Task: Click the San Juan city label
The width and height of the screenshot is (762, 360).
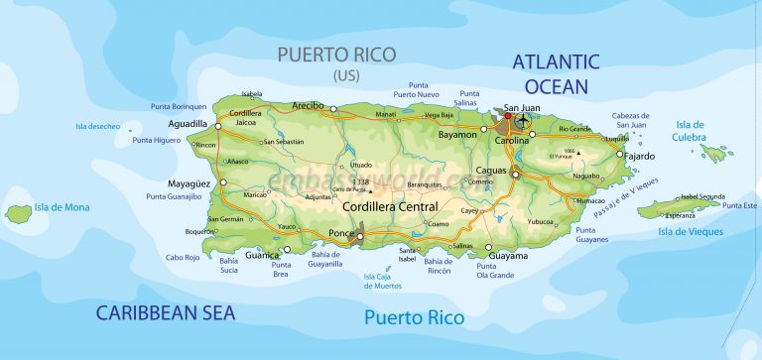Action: (523, 107)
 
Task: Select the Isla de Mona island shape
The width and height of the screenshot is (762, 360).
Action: (18, 212)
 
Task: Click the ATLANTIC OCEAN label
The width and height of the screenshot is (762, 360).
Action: (556, 73)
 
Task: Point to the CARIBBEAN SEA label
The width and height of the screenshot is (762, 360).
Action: (166, 313)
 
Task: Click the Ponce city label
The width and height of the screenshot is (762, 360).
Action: (339, 233)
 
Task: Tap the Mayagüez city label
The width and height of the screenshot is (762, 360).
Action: (190, 183)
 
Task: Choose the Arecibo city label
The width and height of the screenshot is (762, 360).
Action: (309, 104)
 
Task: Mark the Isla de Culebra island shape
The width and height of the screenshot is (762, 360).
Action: (714, 153)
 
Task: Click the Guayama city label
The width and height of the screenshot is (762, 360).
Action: (508, 256)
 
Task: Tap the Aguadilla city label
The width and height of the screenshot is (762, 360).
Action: (189, 124)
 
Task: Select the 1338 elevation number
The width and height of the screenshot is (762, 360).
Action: (360, 182)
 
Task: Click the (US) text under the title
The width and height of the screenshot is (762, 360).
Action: (348, 74)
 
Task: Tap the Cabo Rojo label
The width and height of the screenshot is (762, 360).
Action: (182, 257)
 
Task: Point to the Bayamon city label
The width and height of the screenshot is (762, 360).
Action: (458, 133)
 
